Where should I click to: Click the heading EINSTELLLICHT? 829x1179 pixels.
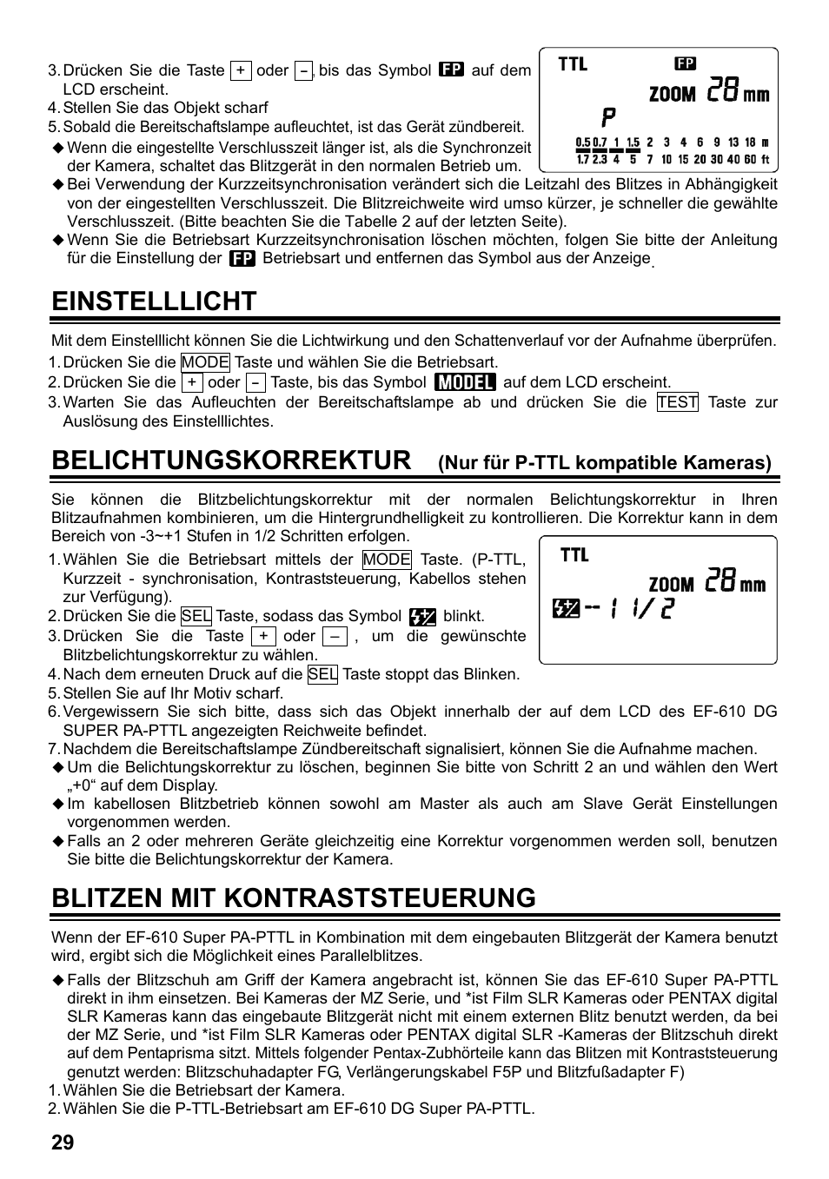pyautogui.click(x=154, y=301)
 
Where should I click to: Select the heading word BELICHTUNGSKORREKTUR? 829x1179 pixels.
pyautogui.click(x=231, y=460)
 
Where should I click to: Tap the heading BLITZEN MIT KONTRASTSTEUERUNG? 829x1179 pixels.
pyautogui.click(x=294, y=897)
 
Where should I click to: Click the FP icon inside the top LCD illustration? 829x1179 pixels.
pyautogui.click(x=686, y=63)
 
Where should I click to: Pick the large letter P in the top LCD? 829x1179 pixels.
pyautogui.click(x=609, y=117)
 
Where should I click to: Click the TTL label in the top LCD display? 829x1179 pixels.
pyautogui.click(x=573, y=63)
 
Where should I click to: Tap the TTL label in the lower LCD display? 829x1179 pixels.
pyautogui.click(x=574, y=554)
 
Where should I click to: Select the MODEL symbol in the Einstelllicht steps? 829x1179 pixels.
pyautogui.click(x=465, y=382)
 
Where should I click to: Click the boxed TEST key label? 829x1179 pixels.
pyautogui.click(x=677, y=402)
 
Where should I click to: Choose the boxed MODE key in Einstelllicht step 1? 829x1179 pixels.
pyautogui.click(x=205, y=362)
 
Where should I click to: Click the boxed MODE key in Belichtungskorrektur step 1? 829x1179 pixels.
pyautogui.click(x=387, y=560)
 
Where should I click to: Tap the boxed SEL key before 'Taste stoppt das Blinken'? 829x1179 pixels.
pyautogui.click(x=322, y=674)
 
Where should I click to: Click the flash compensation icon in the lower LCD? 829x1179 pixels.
pyautogui.click(x=565, y=611)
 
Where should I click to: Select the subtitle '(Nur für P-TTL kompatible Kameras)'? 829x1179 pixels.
pyautogui.click(x=604, y=463)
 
